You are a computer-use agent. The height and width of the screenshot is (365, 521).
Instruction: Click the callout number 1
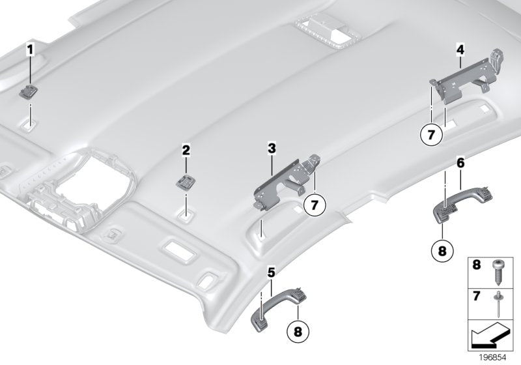coord(29,49)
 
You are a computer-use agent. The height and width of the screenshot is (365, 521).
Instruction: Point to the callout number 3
coord(271,149)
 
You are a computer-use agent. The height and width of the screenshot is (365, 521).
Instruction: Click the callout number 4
coord(460,48)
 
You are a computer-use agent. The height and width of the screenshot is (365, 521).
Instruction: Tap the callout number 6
coord(460,166)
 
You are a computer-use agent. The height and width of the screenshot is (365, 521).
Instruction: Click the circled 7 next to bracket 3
coord(313,205)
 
